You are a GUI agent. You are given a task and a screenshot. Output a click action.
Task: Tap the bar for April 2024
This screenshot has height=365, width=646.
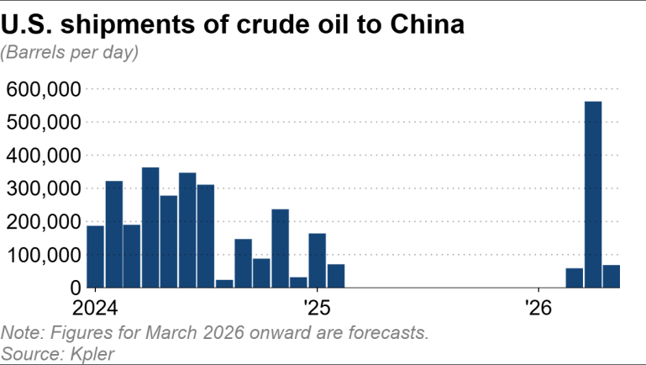(x=150, y=228)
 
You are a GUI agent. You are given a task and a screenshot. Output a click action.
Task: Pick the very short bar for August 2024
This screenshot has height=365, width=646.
(x=224, y=283)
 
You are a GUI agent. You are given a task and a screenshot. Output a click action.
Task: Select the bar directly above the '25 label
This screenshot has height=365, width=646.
(x=317, y=261)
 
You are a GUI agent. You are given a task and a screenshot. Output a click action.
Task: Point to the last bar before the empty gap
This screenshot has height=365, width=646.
(x=336, y=276)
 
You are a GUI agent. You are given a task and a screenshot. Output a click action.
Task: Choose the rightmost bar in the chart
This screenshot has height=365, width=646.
(x=611, y=277)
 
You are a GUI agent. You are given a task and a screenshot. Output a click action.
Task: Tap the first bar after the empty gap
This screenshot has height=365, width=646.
(x=575, y=278)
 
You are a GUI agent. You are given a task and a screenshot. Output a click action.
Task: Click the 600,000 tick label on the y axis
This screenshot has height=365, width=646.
(x=43, y=89)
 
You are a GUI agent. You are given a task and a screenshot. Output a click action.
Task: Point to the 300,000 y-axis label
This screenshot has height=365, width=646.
(x=43, y=188)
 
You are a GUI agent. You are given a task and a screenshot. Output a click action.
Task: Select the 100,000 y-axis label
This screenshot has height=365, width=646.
(x=43, y=255)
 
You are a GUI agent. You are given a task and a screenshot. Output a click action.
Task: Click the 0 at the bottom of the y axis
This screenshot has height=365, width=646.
(x=74, y=288)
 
